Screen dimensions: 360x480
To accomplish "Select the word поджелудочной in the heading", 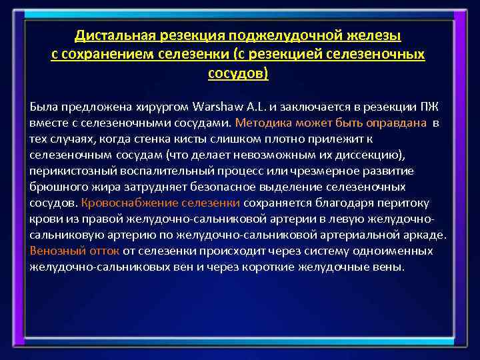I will pos(285,35).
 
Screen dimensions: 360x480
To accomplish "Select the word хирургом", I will pos(160,108).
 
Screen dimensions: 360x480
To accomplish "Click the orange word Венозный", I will pos(54,251).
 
